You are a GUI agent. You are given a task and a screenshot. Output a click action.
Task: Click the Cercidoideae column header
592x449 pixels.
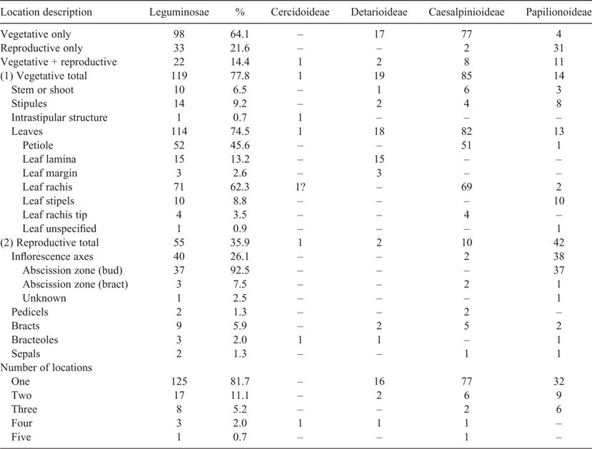point(300,12)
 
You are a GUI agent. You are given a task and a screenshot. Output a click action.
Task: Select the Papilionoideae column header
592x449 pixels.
point(558,12)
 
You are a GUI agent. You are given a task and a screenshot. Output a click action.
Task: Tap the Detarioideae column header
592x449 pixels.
point(379,12)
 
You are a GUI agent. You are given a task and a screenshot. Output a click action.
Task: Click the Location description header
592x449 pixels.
point(46,12)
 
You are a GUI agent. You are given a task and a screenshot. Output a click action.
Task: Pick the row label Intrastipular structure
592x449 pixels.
point(59,118)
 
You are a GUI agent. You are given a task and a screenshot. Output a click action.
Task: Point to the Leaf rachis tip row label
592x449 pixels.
point(55,215)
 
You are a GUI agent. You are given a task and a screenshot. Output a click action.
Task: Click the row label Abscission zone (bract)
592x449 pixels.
point(75,285)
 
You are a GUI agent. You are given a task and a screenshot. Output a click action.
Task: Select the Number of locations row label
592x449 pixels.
point(46,368)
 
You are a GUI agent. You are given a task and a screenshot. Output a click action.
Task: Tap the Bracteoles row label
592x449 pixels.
point(35,340)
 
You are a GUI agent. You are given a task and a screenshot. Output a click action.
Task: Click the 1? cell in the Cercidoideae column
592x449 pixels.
point(300,187)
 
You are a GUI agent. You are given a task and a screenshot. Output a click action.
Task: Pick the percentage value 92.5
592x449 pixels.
point(240,271)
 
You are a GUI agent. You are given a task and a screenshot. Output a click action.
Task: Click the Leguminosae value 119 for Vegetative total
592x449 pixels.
point(179,76)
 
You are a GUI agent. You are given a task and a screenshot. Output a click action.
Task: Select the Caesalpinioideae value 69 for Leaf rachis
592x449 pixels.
point(466,187)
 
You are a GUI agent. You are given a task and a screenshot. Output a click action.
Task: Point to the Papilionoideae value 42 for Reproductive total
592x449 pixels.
point(558,243)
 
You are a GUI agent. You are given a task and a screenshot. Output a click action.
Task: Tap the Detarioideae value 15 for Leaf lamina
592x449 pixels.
point(379,159)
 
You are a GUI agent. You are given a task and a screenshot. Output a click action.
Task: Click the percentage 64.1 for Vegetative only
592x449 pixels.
point(240,34)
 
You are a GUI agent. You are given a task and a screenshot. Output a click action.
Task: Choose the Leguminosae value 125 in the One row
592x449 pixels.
point(179,381)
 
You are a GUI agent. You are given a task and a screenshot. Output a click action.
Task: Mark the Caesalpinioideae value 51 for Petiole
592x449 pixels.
point(466,146)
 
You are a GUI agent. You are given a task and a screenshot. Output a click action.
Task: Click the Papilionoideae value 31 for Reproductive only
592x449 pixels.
point(558,49)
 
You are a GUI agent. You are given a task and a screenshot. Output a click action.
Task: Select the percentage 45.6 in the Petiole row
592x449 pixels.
point(240,146)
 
